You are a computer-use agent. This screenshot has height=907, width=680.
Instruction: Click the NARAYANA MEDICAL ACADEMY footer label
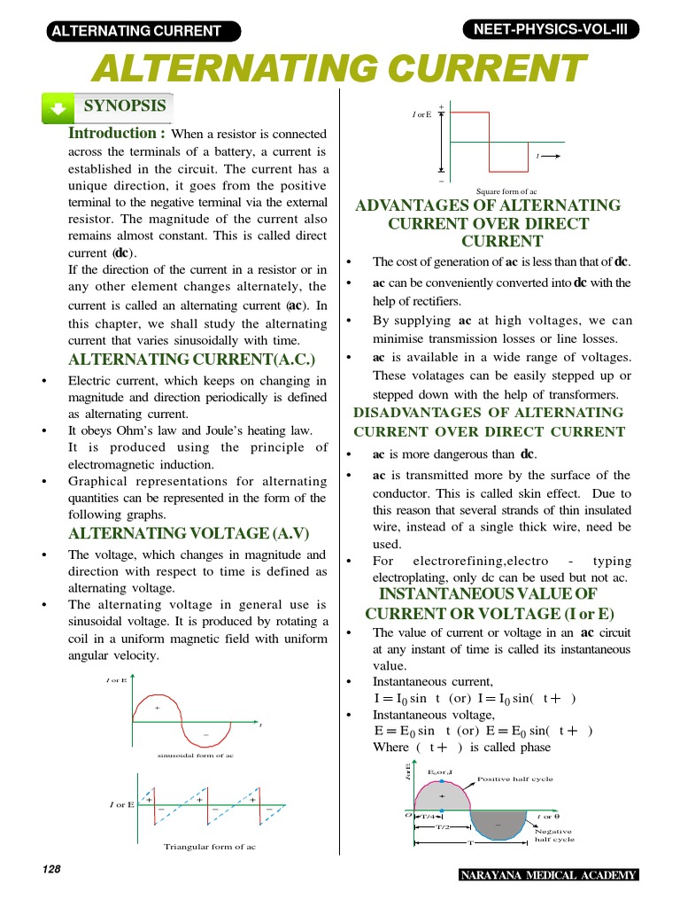click(x=548, y=876)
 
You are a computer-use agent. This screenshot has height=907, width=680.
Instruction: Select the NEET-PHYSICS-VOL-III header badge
click(x=549, y=29)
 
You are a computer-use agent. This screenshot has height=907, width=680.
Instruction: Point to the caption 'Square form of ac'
click(x=506, y=190)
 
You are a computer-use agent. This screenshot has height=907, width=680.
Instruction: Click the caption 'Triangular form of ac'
click(x=210, y=847)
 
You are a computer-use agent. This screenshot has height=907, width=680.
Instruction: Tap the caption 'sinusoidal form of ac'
click(x=196, y=756)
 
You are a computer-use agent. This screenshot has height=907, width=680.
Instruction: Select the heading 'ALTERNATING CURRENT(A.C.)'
click(x=192, y=359)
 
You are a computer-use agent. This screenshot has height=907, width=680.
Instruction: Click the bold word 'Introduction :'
click(x=117, y=133)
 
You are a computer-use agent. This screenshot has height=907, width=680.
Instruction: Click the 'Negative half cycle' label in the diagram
click(x=554, y=835)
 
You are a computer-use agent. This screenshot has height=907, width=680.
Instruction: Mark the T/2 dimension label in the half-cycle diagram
click(x=443, y=826)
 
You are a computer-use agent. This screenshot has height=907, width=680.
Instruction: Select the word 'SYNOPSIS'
click(x=125, y=106)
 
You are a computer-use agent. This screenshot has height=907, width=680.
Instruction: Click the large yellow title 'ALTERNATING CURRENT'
click(x=340, y=67)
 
